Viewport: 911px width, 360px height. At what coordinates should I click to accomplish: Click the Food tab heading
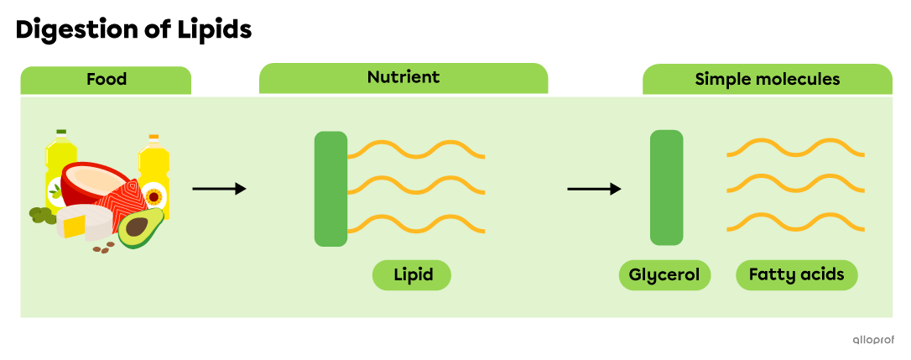click(x=106, y=80)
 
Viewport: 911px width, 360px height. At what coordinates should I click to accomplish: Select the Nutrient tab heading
click(x=403, y=78)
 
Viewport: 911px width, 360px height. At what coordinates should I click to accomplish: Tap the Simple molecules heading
click(x=767, y=80)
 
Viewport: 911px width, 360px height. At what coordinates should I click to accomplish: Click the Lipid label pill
click(x=412, y=275)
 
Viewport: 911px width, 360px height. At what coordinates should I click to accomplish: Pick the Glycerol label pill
click(x=664, y=275)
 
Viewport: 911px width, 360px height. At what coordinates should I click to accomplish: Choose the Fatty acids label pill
click(x=797, y=275)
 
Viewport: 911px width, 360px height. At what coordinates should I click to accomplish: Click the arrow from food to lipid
click(x=219, y=189)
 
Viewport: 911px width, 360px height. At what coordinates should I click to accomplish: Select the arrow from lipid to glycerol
click(x=594, y=189)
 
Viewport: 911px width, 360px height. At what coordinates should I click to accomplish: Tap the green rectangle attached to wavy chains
click(x=331, y=189)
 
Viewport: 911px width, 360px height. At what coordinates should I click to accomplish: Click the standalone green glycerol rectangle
click(x=666, y=188)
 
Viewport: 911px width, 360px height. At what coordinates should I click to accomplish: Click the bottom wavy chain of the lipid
click(x=415, y=224)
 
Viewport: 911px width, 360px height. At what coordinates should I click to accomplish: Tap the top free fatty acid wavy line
click(x=795, y=148)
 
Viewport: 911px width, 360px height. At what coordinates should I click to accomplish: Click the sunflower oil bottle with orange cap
click(x=154, y=176)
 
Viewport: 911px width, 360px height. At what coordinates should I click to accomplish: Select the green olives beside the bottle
click(x=40, y=215)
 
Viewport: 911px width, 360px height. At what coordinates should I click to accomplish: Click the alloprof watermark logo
click(x=873, y=340)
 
